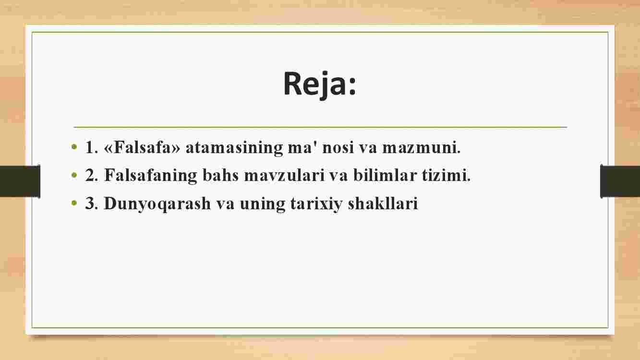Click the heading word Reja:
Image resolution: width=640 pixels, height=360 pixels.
point(320,84)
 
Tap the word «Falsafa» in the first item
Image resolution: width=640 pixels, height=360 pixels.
point(142,147)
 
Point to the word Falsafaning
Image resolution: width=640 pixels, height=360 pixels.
point(151,175)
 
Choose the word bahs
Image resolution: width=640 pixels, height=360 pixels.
point(220,175)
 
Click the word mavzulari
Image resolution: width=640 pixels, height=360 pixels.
point(284,175)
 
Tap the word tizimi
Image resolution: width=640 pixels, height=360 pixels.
point(446,175)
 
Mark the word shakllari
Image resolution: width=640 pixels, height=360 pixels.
point(383,204)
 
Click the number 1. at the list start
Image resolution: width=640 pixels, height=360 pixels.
point(92,148)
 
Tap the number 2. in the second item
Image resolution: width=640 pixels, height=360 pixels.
point(92,175)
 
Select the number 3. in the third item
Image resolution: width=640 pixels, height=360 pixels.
point(92,204)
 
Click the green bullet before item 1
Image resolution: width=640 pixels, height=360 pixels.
point(74,147)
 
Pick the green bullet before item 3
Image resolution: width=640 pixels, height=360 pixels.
point(74,203)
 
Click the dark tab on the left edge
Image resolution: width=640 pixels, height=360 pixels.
point(20,181)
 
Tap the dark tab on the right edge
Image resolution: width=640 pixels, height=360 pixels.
point(620,181)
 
